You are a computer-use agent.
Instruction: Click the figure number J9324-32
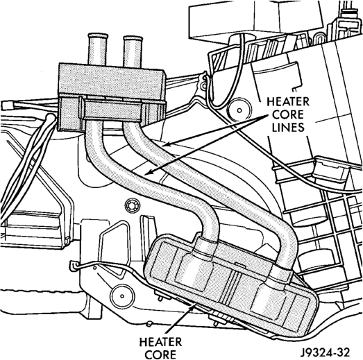click(x=325, y=352)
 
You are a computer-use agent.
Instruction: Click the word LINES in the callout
click(x=288, y=127)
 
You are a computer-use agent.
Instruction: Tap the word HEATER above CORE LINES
click(x=288, y=101)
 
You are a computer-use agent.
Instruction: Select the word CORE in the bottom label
click(x=160, y=354)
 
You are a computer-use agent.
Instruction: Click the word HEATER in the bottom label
click(x=160, y=342)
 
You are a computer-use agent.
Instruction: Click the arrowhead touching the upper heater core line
click(x=164, y=144)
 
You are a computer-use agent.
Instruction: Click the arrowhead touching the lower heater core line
click(x=149, y=172)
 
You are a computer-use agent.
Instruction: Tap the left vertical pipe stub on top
click(x=97, y=49)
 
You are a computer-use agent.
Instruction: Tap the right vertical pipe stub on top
click(x=132, y=52)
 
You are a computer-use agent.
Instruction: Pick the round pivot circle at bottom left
click(x=122, y=296)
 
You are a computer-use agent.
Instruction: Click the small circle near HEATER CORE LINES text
click(x=239, y=110)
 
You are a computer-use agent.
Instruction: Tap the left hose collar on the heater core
click(x=205, y=246)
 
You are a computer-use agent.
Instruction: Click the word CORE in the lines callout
click(x=288, y=114)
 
